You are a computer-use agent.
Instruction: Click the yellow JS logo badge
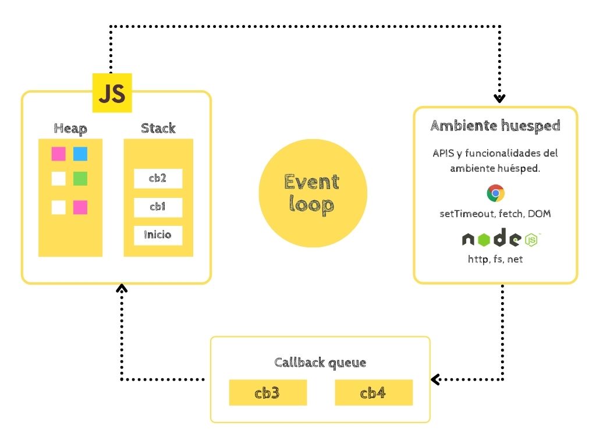pyautogui.click(x=112, y=93)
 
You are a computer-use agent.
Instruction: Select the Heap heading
pyautogui.click(x=70, y=128)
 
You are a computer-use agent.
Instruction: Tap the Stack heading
pyautogui.click(x=158, y=128)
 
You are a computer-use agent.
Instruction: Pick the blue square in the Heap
pyautogui.click(x=80, y=154)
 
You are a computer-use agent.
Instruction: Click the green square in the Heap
pyautogui.click(x=80, y=179)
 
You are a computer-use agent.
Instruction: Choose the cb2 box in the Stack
pyautogui.click(x=158, y=179)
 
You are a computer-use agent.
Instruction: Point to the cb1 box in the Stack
pyautogui.click(x=158, y=207)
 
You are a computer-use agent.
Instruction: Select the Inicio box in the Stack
pyautogui.click(x=158, y=235)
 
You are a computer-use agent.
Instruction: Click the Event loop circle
pyautogui.click(x=313, y=193)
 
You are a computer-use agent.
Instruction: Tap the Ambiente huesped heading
pyautogui.click(x=495, y=126)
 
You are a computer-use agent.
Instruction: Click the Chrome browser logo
pyautogui.click(x=495, y=193)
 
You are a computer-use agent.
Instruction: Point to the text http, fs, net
pyautogui.click(x=495, y=259)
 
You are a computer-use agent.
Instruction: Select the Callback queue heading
pyautogui.click(x=320, y=363)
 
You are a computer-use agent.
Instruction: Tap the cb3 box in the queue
pyautogui.click(x=268, y=393)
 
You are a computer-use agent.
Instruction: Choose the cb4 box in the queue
pyautogui.click(x=374, y=393)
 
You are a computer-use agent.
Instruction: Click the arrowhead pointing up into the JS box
pyautogui.click(x=121, y=289)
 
